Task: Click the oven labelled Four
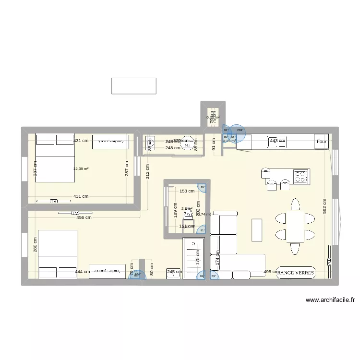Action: click(322, 142)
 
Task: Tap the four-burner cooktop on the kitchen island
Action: click(300, 177)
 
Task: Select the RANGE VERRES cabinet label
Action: click(295, 273)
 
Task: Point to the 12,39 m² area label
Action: click(81, 168)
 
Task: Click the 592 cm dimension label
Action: click(325, 207)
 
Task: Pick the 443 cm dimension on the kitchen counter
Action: click(277, 141)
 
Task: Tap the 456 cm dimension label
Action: click(84, 217)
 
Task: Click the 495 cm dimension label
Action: click(271, 272)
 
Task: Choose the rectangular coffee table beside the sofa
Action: click(257, 230)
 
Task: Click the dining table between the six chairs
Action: click(295, 226)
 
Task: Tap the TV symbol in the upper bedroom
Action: click(54, 202)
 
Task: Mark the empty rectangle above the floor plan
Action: click(134, 86)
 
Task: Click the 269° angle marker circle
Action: click(240, 130)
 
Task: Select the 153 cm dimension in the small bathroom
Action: click(187, 191)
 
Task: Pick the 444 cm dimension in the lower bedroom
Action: click(83, 272)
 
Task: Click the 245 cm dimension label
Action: click(175, 272)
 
